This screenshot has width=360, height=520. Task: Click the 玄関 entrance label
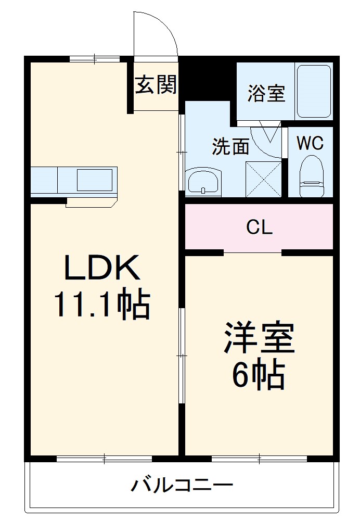click(156, 85)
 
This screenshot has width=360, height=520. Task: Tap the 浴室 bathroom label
click(266, 94)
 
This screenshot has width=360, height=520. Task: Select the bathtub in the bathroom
click(313, 91)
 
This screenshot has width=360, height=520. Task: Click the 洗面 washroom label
click(229, 147)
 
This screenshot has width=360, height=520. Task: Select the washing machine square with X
click(263, 179)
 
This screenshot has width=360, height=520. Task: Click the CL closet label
click(259, 227)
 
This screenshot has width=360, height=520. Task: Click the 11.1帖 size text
click(102, 305)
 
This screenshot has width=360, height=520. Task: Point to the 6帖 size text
click(259, 374)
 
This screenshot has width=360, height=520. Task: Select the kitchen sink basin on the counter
click(94, 180)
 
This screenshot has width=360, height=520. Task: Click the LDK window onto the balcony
click(104, 459)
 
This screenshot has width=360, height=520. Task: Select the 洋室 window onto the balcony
click(259, 459)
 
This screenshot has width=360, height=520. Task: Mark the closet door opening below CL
click(253, 252)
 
